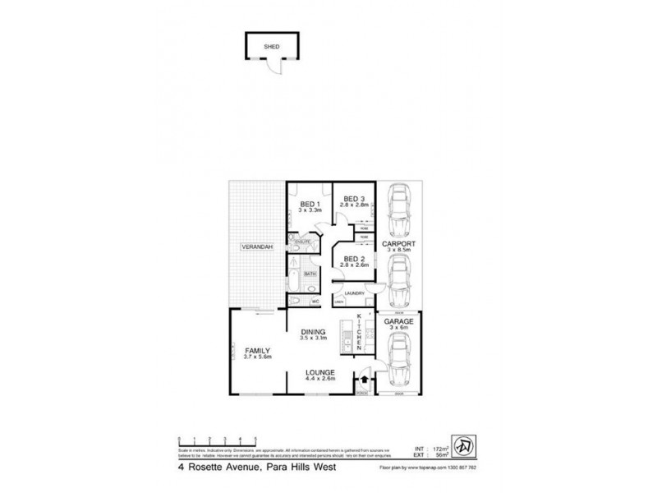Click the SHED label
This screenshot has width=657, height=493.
click(271, 47)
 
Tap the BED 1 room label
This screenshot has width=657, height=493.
click(309, 204)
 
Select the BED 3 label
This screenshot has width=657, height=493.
click(353, 198)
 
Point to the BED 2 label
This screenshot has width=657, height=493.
click(354, 260)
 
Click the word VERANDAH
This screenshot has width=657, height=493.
click(257, 247)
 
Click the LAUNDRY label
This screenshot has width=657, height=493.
click(354, 293)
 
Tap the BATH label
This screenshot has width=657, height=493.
click(310, 274)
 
